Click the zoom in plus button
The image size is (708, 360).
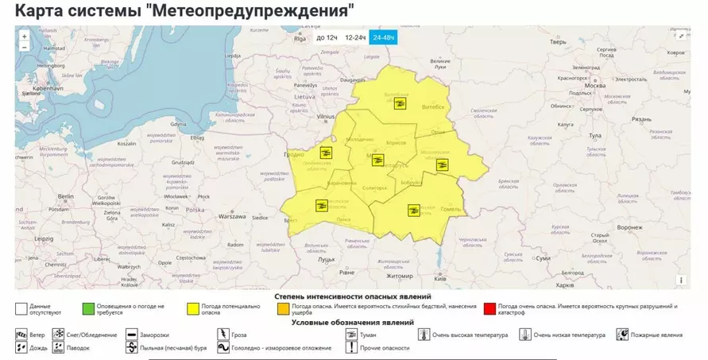tap(24, 36)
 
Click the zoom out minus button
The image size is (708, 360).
tap(24, 47)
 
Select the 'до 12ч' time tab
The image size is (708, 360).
tap(326, 37)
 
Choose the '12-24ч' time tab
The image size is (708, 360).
tap(354, 37)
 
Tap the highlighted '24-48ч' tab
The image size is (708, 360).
tap(383, 37)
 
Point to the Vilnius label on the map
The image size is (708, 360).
tap(327, 116)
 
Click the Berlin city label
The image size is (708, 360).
tap(65, 195)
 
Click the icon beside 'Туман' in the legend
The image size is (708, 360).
tap(350, 335)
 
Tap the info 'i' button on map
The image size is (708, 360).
tap(680, 280)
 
